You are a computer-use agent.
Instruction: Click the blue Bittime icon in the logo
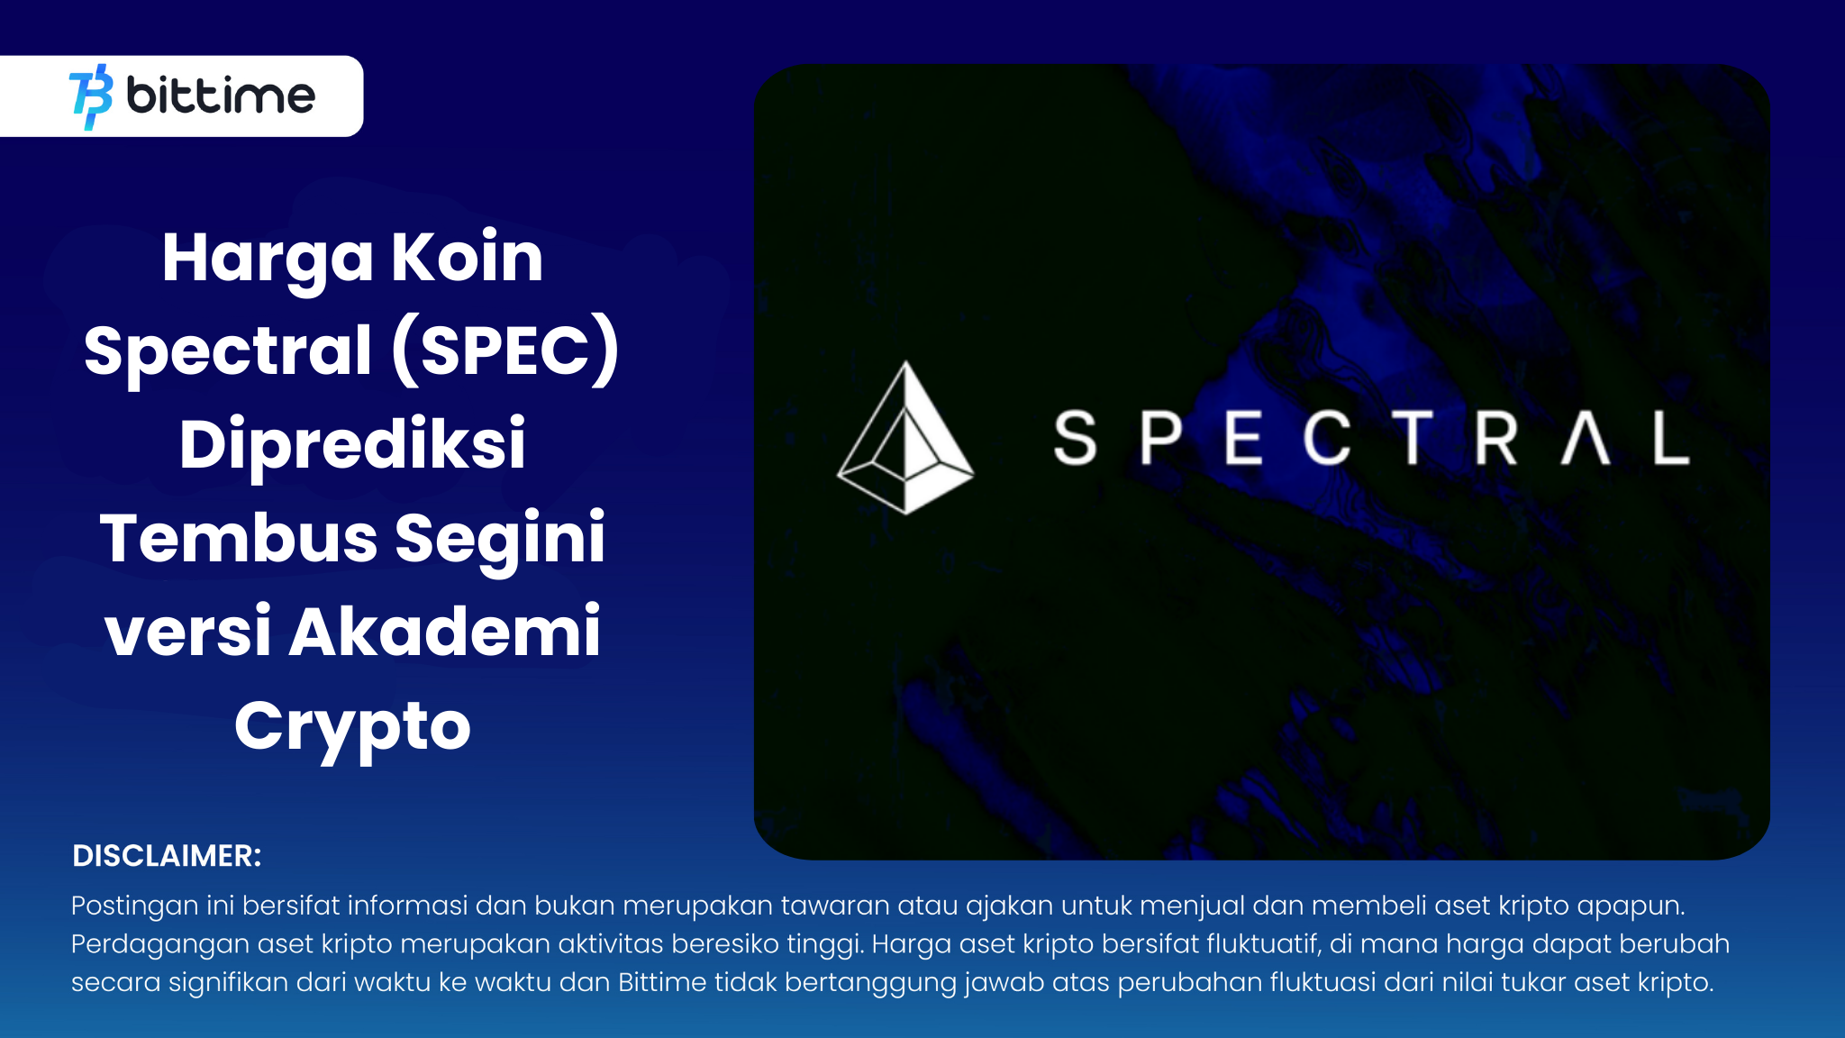tap(91, 96)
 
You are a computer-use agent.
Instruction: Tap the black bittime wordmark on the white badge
tap(221, 96)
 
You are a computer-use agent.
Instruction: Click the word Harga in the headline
tap(267, 259)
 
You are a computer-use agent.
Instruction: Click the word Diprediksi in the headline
tap(352, 444)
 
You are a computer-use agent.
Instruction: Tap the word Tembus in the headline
tap(238, 538)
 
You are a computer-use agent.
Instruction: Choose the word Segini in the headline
tap(500, 540)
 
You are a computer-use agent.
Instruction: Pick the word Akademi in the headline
tap(444, 632)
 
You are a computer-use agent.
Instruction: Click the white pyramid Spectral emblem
tap(905, 439)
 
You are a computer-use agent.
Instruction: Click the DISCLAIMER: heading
tap(167, 856)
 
